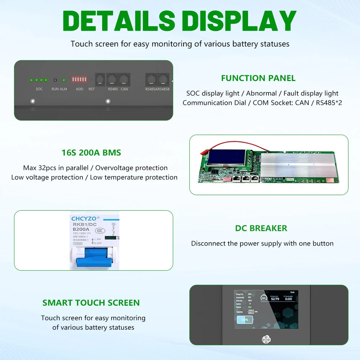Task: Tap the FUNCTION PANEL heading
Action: pyautogui.click(x=258, y=78)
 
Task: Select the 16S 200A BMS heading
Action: pyautogui.click(x=91, y=153)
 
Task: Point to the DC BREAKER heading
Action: pyautogui.click(x=261, y=228)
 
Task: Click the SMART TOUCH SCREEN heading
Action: pyautogui.click(x=91, y=303)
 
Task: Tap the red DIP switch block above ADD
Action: pyautogui.click(x=79, y=79)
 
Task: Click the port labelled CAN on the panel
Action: pyautogui.click(x=124, y=79)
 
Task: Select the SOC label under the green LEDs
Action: pyautogui.click(x=39, y=89)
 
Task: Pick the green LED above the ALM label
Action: pyautogui.click(x=64, y=80)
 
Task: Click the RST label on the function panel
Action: pyautogui.click(x=91, y=89)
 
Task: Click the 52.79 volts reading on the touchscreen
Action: pyautogui.click(x=275, y=298)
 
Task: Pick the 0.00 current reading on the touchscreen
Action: pyautogui.click(x=288, y=298)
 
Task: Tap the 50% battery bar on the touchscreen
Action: pyautogui.click(x=245, y=319)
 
